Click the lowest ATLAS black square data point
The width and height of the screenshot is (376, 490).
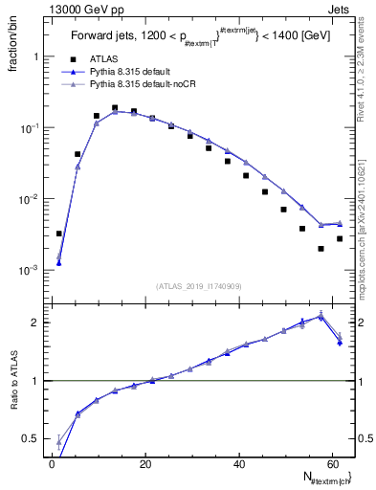click(321, 249)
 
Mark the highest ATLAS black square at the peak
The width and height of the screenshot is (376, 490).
click(115, 108)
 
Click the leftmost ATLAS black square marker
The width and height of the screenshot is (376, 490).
click(59, 234)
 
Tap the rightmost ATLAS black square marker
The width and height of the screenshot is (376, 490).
click(340, 238)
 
